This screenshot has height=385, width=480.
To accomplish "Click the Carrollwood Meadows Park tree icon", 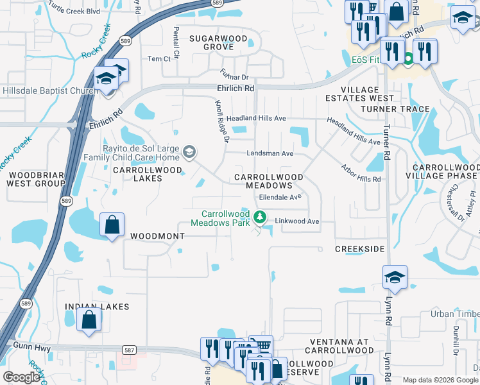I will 260,217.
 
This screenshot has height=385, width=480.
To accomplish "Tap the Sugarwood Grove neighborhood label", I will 218,42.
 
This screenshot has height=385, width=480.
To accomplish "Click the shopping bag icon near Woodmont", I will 112,225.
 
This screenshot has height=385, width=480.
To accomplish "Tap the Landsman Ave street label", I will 270,153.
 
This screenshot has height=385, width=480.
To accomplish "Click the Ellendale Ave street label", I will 280,198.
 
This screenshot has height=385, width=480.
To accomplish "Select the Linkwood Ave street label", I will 296,221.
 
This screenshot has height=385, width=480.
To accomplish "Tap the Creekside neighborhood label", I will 360,248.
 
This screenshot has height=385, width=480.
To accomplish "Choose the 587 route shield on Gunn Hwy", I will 129,350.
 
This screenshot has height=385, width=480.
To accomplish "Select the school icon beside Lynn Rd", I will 395,277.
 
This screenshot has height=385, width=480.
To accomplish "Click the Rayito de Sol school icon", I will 189,152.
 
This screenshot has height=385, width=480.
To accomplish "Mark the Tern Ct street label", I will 159,58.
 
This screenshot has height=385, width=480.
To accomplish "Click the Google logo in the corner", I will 21,377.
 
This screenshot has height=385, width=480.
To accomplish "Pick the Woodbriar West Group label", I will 32,178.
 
